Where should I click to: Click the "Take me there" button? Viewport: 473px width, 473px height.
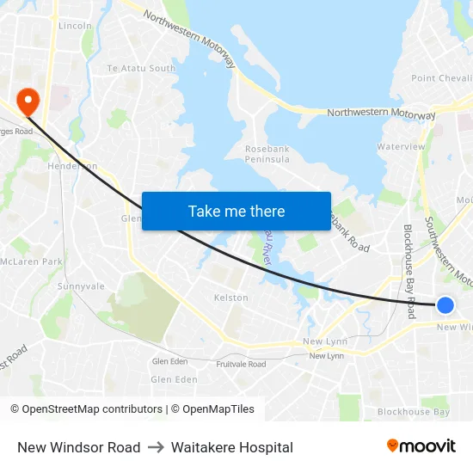[x=236, y=211]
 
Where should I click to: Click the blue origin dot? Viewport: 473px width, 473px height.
[x=445, y=304]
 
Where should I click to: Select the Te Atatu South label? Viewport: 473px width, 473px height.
[x=141, y=68]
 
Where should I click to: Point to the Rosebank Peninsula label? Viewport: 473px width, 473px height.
[x=267, y=155]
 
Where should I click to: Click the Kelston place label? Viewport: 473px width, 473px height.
[x=230, y=298]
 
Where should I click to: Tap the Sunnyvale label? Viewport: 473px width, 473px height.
[x=81, y=286]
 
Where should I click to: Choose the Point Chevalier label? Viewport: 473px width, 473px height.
[x=441, y=78]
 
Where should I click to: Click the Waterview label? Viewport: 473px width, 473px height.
[x=401, y=147]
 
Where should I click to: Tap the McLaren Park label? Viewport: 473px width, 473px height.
[x=31, y=261]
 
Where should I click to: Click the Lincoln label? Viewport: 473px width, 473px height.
[x=75, y=26]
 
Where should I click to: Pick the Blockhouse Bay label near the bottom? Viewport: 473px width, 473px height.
[x=414, y=412]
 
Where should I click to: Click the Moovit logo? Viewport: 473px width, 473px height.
[x=421, y=446]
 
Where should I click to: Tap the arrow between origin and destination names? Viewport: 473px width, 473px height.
[x=156, y=447]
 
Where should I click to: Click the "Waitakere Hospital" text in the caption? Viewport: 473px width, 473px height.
[x=232, y=447]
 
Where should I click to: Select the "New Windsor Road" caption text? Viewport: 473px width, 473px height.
[x=78, y=447]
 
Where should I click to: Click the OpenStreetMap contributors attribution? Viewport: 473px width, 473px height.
[x=86, y=409]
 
